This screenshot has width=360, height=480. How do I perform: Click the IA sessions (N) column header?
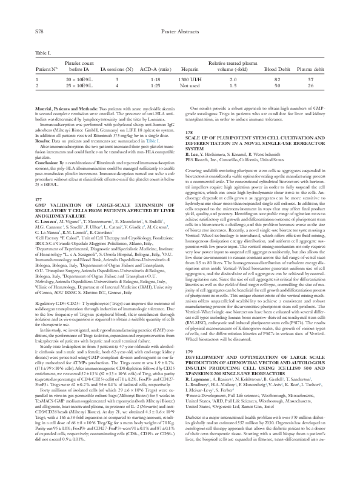coord(109,70)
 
